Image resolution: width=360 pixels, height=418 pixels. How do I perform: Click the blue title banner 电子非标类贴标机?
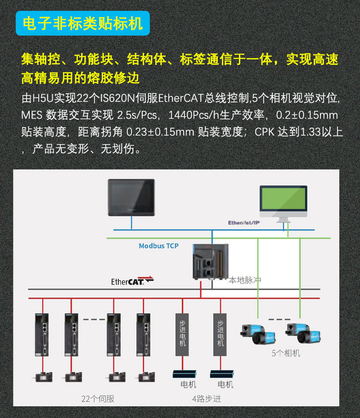pos(83,23)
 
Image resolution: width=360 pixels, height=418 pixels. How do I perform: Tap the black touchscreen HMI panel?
pos(131,197)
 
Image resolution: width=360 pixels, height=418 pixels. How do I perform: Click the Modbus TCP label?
pos(158,245)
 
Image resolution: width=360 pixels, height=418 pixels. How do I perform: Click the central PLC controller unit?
pos(210,261)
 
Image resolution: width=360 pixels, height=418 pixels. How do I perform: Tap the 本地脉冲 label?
pos(245,280)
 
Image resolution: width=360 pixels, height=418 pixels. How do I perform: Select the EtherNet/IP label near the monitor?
pos(244,223)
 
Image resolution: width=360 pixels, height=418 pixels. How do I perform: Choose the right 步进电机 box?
pos(220,333)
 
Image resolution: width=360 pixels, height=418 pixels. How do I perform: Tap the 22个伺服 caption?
pos(98,399)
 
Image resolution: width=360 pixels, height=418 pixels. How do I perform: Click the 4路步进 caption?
pos(207,399)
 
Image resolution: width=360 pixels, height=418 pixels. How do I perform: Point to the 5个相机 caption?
pos(285,353)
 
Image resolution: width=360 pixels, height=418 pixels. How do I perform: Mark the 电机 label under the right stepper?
pos(225,385)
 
